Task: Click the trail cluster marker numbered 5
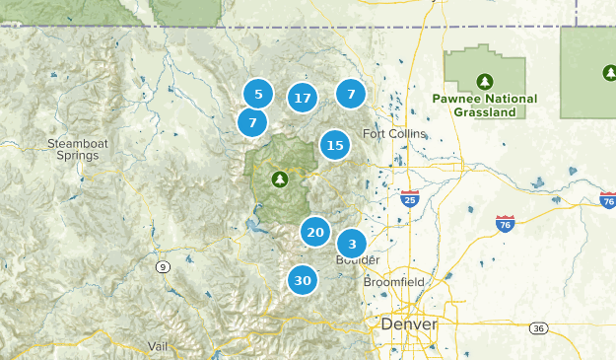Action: point(258,95)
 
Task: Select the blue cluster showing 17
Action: point(303,98)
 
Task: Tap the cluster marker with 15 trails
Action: point(335,146)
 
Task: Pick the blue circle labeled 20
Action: point(315,233)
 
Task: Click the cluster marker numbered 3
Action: point(352,244)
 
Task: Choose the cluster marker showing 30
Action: point(303,280)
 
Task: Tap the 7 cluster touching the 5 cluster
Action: point(252,123)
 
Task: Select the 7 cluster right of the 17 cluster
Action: point(351,94)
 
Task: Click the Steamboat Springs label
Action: point(77,150)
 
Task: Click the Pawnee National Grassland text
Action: point(484,106)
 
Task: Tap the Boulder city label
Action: point(358,260)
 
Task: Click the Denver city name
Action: point(408,324)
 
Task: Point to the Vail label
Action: point(158,345)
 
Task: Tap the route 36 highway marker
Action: point(537,327)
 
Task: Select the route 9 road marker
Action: point(161,267)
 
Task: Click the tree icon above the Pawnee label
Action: point(484,81)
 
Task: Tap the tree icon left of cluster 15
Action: point(280,179)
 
